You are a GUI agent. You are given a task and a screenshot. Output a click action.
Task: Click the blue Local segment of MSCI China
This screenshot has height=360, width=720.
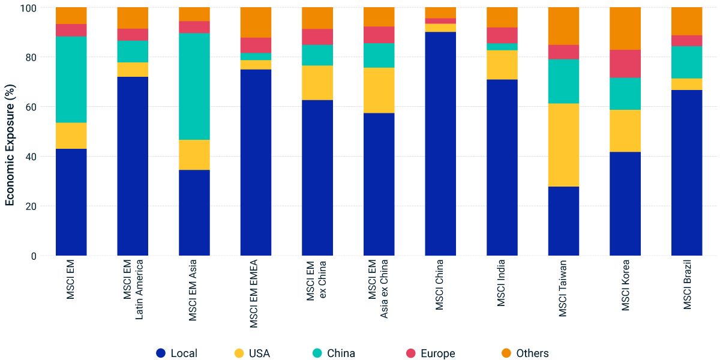(440, 144)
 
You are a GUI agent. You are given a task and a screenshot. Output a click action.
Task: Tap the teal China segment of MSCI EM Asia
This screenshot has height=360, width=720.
(194, 86)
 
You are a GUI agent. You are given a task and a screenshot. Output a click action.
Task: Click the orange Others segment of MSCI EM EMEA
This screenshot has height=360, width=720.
(256, 22)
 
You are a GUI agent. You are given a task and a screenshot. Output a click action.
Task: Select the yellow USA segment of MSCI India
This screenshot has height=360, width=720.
(502, 65)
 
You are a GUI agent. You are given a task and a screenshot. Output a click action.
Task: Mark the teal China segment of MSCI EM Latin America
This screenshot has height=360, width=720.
(133, 52)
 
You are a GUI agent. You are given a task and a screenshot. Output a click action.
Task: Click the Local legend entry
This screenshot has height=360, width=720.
(177, 353)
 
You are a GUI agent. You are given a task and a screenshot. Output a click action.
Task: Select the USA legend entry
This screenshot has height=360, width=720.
(252, 353)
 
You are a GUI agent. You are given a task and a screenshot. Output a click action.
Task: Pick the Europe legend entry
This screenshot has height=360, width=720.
(430, 353)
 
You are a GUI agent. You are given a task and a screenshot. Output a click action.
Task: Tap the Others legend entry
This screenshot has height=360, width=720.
(525, 353)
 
